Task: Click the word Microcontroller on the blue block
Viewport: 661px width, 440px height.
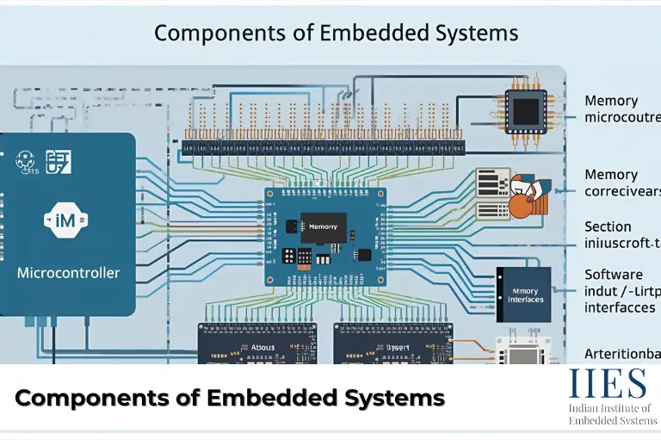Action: (x=69, y=273)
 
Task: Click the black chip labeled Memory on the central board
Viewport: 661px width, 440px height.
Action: (x=324, y=226)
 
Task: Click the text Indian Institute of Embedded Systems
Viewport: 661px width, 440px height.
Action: (x=610, y=414)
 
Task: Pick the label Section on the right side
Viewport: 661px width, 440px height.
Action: (x=608, y=226)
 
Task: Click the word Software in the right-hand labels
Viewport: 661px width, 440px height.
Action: (x=614, y=274)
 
